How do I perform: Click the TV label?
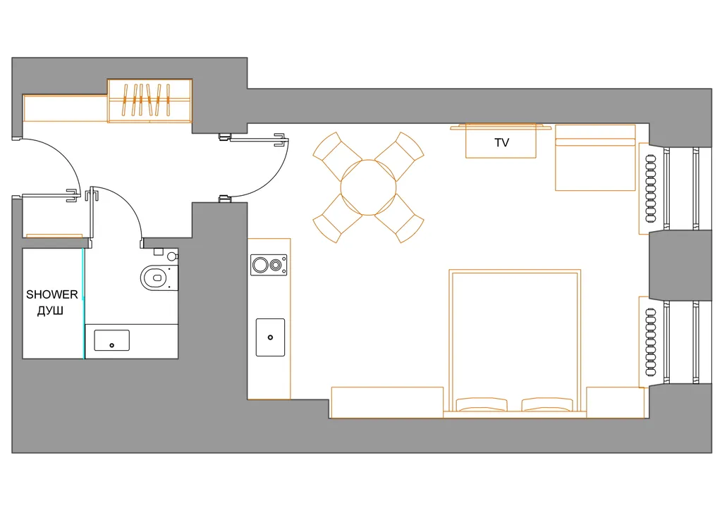coord(501,142)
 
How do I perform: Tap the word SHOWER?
coord(52,294)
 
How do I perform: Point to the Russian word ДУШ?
coord(50,311)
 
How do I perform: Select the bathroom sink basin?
coord(112,340)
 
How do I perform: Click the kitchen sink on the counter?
coord(270,337)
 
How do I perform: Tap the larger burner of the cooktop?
coord(260,266)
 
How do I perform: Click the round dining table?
coord(368,187)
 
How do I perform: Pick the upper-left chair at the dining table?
coord(337,156)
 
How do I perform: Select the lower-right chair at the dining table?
coord(400,218)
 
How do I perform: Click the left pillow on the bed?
coord(482,404)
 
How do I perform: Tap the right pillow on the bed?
coord(547,404)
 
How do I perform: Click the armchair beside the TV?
coord(595,157)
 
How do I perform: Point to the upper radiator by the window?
coord(651,189)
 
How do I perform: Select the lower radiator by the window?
coord(651,342)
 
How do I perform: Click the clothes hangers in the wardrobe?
coord(147,99)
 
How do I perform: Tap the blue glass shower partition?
coord(83,304)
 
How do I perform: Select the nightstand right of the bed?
coord(615,402)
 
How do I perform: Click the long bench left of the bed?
coord(387,402)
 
